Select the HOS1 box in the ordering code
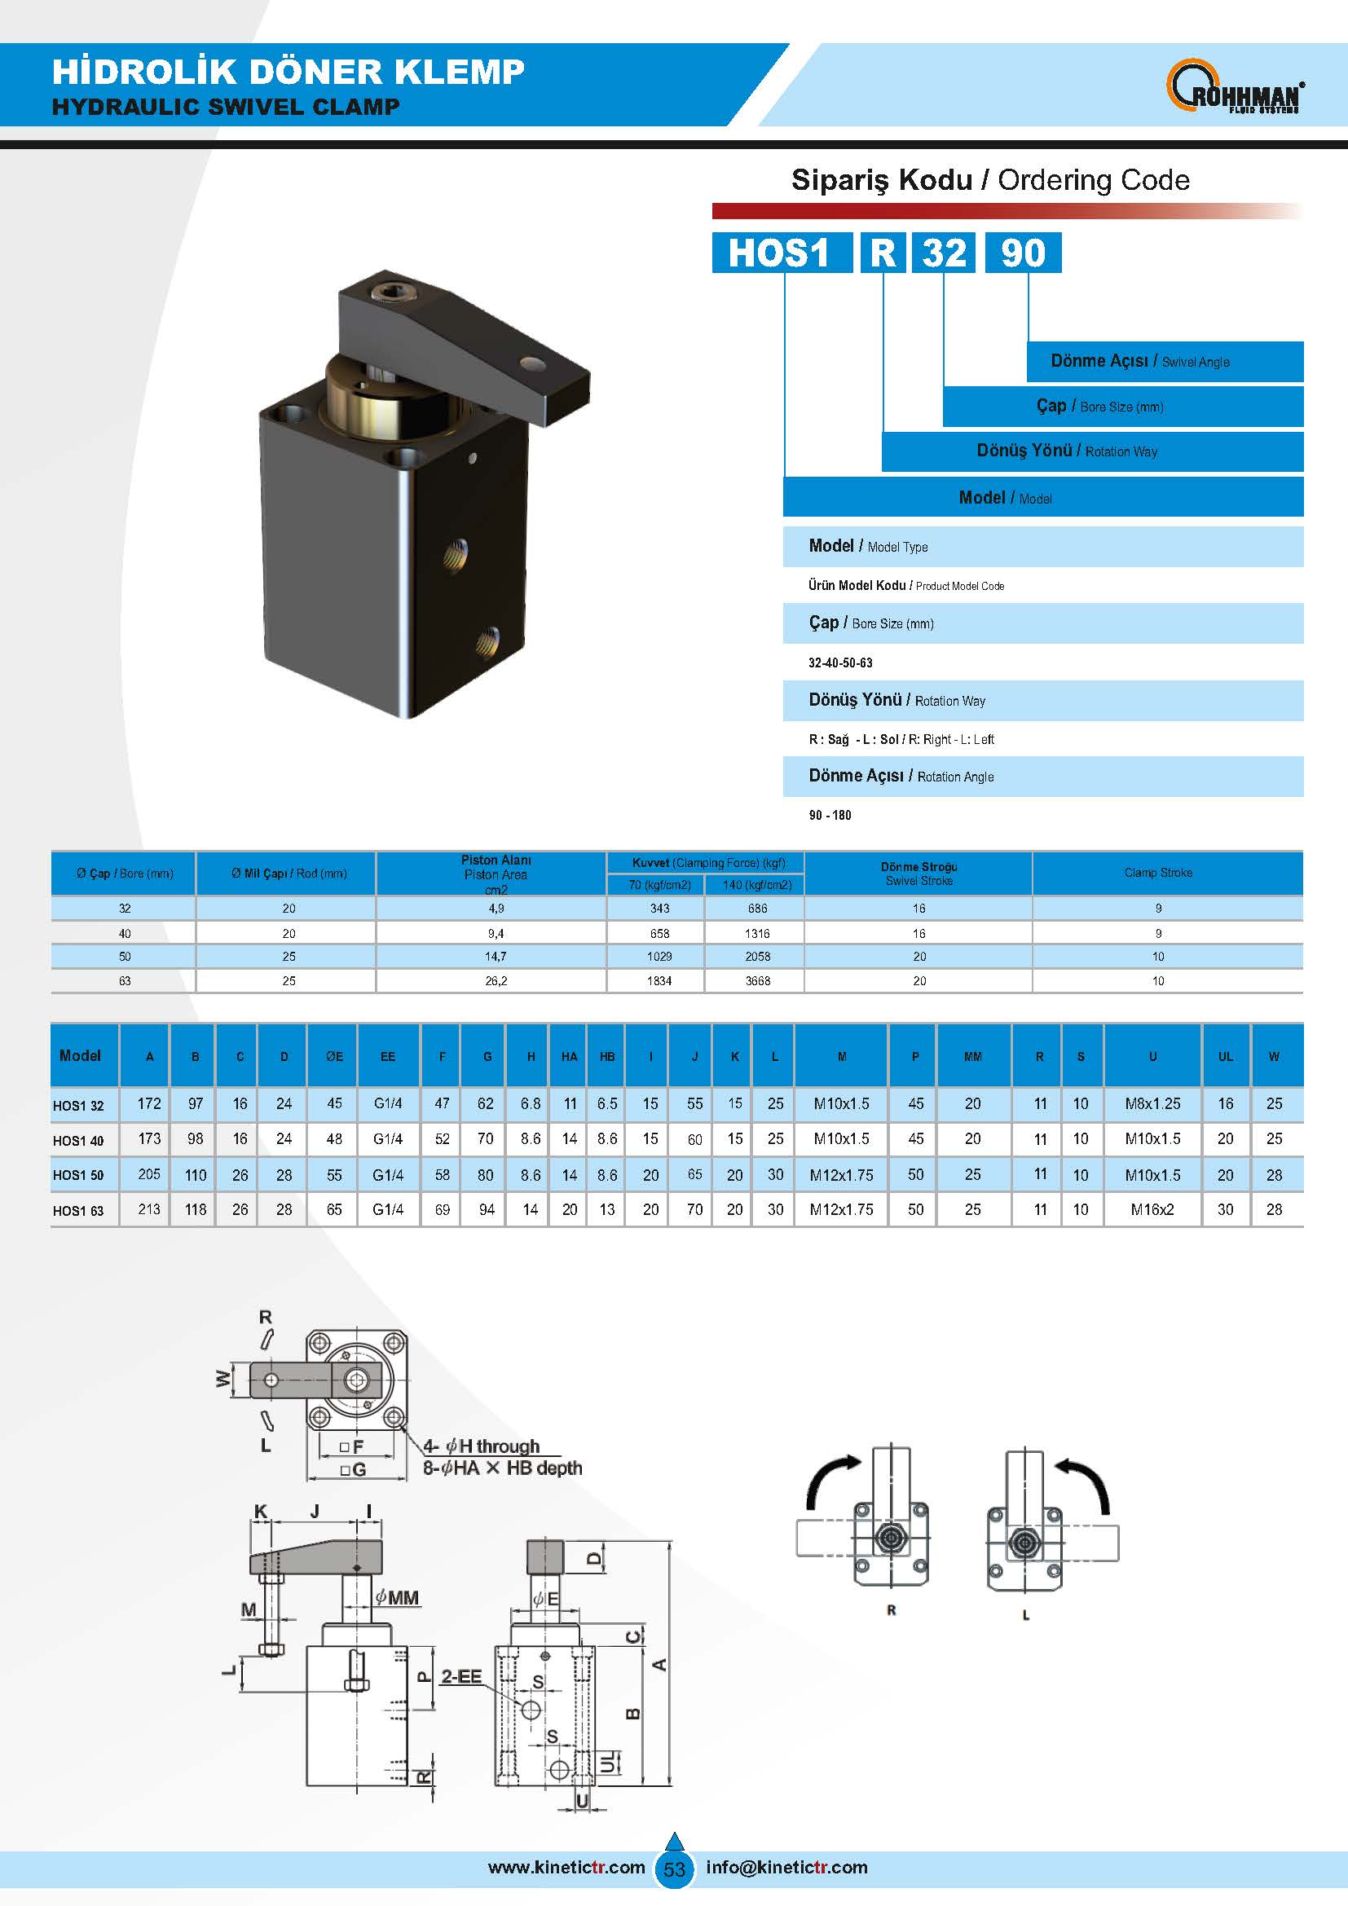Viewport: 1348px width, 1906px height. pyautogui.click(x=781, y=253)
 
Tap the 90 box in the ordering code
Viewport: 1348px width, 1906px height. pyautogui.click(x=1023, y=253)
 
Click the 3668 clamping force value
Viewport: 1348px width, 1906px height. pyautogui.click(x=757, y=980)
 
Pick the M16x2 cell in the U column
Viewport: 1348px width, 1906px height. pyautogui.click(x=1152, y=1209)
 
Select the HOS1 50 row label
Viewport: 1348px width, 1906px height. pyautogui.click(x=79, y=1175)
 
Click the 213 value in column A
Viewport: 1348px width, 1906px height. pyautogui.click(x=149, y=1208)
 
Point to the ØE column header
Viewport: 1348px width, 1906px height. pyautogui.click(x=333, y=1057)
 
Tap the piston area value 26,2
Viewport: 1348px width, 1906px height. pyautogui.click(x=496, y=980)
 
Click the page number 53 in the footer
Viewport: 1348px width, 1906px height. pyautogui.click(x=674, y=1869)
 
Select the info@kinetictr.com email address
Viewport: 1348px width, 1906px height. pyautogui.click(x=786, y=1867)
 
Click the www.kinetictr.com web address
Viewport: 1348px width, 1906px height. pyautogui.click(x=566, y=1867)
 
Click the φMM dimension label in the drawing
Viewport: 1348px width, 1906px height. pyautogui.click(x=398, y=1597)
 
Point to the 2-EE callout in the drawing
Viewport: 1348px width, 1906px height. pyautogui.click(x=460, y=1676)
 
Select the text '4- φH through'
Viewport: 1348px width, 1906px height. pyautogui.click(x=482, y=1446)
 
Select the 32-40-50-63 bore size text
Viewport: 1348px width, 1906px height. pyautogui.click(x=840, y=662)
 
